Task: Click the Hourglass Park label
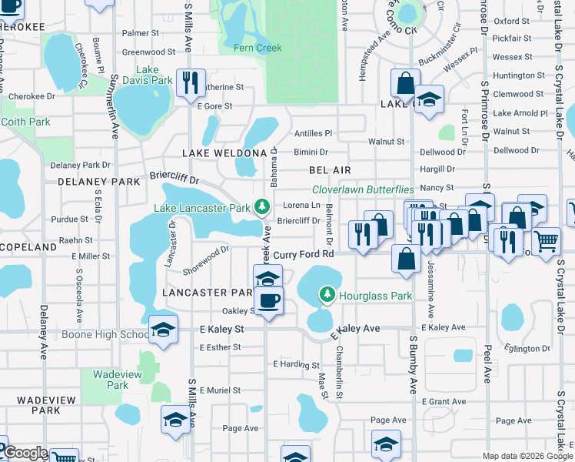click(375, 296)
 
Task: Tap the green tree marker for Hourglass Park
click(327, 295)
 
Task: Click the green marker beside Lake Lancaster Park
click(262, 207)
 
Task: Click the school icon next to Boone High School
click(162, 330)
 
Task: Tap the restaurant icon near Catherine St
click(189, 82)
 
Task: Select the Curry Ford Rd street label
click(304, 254)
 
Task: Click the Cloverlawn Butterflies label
click(363, 189)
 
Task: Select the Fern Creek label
click(258, 48)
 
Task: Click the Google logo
click(25, 453)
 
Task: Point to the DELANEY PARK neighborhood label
click(87, 182)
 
